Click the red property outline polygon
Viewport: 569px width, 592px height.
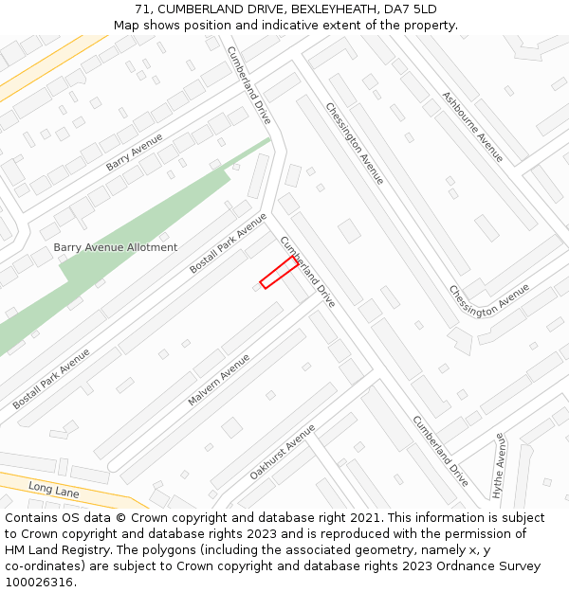coord(279,272)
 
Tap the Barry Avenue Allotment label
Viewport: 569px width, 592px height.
coord(115,247)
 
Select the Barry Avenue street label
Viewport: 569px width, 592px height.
coord(134,152)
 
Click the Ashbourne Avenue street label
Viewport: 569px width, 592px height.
coord(472,126)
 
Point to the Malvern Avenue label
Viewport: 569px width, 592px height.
coord(219,380)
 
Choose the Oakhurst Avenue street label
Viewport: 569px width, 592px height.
coord(282,451)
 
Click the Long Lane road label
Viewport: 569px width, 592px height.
coord(53,489)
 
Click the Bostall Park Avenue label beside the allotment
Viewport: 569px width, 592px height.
coord(228,243)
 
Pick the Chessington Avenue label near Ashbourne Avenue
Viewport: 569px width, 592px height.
coord(355,143)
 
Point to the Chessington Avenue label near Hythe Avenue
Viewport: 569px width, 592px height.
coord(488,301)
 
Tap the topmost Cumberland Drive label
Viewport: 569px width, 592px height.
coord(248,86)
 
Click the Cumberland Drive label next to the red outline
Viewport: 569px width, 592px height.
coord(307,272)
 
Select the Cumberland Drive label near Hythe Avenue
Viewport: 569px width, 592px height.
coord(440,451)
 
